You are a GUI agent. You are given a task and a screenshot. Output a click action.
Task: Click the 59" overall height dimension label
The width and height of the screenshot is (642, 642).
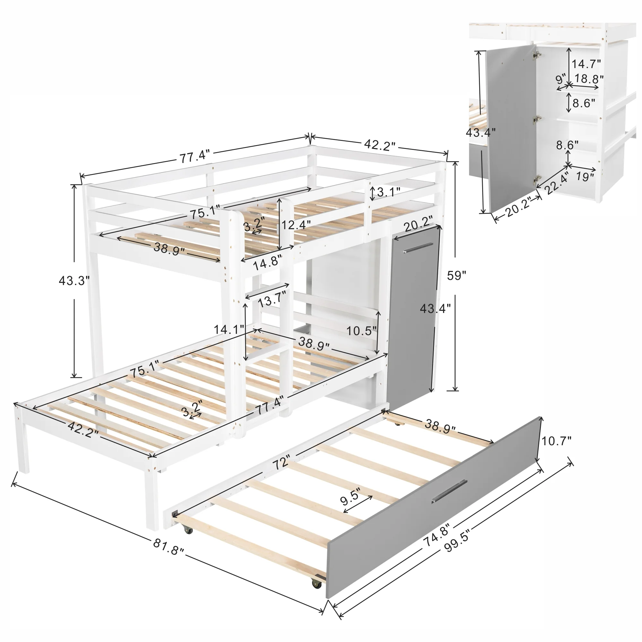point(456,276)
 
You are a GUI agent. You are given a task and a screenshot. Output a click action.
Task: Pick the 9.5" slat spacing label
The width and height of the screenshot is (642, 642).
point(350,496)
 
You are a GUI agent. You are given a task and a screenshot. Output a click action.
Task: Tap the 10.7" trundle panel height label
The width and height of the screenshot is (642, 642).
point(557,441)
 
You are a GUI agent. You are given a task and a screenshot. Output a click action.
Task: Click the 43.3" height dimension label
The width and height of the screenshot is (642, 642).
point(74,281)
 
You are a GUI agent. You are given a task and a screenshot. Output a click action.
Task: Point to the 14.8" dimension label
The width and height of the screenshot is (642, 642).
point(267,264)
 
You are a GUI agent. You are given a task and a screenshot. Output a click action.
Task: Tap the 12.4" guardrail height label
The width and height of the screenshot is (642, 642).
point(296,225)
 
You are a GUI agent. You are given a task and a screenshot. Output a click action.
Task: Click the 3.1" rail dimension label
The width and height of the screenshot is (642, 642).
point(388,192)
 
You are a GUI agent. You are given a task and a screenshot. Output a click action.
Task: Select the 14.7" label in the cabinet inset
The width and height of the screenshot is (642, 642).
point(586,63)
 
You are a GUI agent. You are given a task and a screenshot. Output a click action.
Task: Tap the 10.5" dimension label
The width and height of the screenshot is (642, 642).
point(361,331)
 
